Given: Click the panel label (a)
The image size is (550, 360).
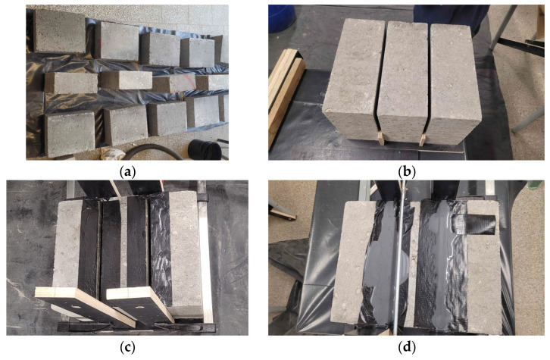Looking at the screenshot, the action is [x=127, y=171].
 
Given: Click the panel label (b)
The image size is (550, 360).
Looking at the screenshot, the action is [x=407, y=171].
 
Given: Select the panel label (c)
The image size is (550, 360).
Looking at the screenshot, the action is [x=127, y=347].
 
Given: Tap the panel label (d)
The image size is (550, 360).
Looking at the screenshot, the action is [x=407, y=347].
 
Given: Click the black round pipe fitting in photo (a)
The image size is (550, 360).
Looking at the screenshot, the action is [x=205, y=149].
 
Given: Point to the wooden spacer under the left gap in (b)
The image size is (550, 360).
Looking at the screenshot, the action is [x=380, y=138].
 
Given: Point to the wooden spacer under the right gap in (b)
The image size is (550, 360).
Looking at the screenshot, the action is [x=422, y=139].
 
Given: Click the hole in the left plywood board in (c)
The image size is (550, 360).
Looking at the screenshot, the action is [x=76, y=305].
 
